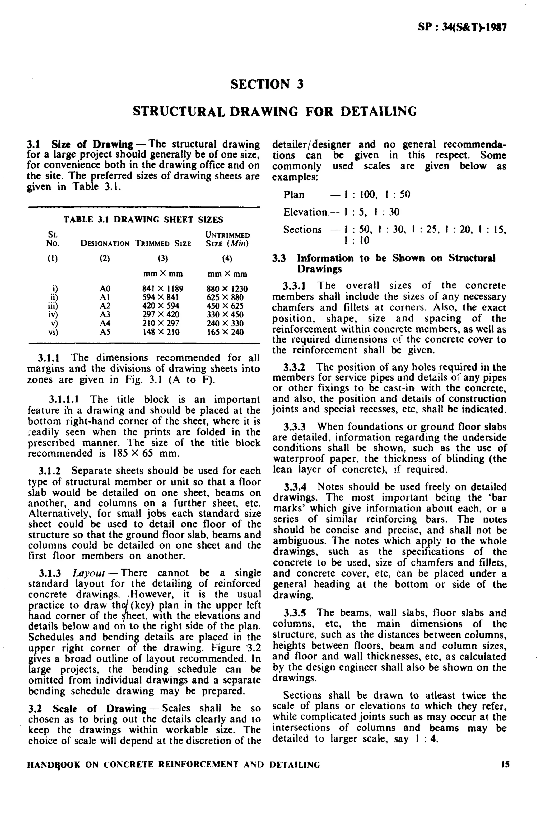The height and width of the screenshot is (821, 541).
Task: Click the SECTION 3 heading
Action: (x=267, y=84)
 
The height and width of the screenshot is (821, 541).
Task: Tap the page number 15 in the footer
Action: (x=505, y=765)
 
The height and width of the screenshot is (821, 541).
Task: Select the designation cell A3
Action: (x=105, y=315)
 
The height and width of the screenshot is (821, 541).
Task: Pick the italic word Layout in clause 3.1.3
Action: (x=89, y=573)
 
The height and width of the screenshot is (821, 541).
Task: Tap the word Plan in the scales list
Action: (x=294, y=195)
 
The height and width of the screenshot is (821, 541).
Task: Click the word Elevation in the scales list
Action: (x=305, y=212)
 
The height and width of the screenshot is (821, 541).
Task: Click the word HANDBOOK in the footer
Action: (x=54, y=765)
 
